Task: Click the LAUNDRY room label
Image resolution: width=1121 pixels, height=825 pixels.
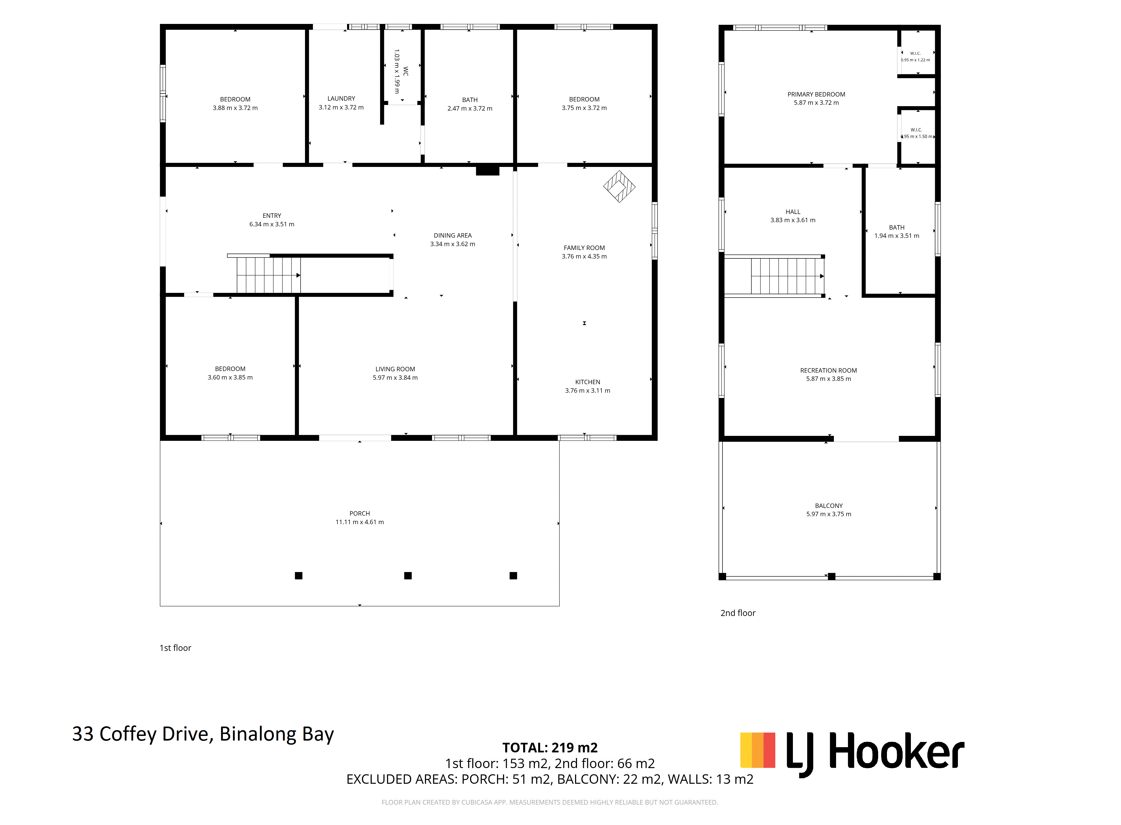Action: (341, 98)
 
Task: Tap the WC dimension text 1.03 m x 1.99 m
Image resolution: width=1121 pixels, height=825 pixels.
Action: (397, 71)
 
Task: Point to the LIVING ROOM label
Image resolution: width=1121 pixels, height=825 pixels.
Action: (395, 369)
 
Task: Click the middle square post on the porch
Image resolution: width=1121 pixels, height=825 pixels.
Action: (408, 576)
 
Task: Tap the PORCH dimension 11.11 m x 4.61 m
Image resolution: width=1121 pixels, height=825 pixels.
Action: (359, 522)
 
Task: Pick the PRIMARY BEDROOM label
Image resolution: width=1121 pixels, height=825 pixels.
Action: (816, 94)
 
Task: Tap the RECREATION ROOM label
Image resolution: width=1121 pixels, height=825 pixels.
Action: (828, 370)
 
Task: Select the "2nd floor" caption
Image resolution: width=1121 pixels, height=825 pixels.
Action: (738, 613)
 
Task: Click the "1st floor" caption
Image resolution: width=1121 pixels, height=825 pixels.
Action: (175, 648)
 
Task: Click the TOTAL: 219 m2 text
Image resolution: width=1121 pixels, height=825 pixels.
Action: (550, 748)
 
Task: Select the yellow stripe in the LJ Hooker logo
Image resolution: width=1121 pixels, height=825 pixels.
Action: (746, 750)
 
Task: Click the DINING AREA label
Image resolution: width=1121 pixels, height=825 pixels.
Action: (452, 235)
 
